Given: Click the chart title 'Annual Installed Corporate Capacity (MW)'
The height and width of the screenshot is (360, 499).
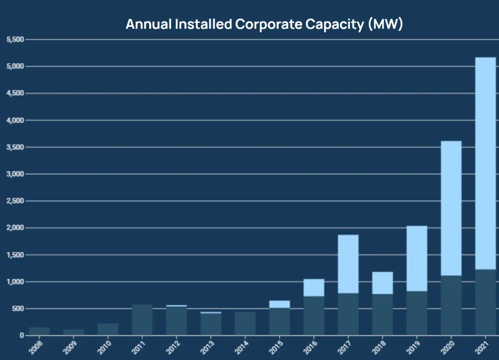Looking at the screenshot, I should click(x=264, y=24).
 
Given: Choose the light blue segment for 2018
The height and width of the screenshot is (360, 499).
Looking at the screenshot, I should click(x=383, y=283).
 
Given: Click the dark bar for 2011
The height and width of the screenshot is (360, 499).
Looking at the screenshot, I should click(x=142, y=320).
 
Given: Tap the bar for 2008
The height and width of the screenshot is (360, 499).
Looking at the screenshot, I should click(x=39, y=331).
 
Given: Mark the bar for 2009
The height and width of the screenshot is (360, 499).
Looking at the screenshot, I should click(x=74, y=332).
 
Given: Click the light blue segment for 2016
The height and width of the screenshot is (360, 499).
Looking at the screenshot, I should click(x=314, y=288).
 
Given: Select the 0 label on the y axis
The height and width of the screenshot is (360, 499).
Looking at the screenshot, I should click(x=21, y=336).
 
